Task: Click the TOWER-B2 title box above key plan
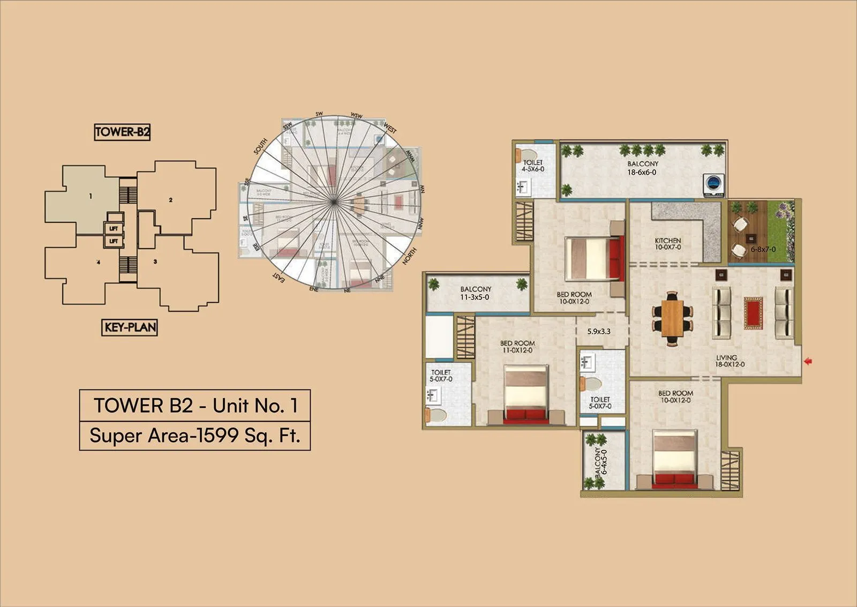point(122,132)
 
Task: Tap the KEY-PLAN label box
point(130,327)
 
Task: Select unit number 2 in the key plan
point(171,200)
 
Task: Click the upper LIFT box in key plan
point(114,229)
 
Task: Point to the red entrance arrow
point(808,362)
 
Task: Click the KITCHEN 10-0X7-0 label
point(668,244)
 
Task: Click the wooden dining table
point(672,318)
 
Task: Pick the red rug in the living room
point(753,313)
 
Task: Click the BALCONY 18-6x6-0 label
point(642,168)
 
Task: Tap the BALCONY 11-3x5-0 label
point(475,293)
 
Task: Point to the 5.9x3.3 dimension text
point(599,332)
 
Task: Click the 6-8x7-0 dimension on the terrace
point(763,249)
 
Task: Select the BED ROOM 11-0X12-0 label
point(517,347)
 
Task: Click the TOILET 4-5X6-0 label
point(533,166)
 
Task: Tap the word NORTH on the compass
point(409,257)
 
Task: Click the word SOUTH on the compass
point(260,146)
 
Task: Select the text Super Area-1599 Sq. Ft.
point(195,436)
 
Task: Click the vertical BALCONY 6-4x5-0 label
point(600,462)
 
